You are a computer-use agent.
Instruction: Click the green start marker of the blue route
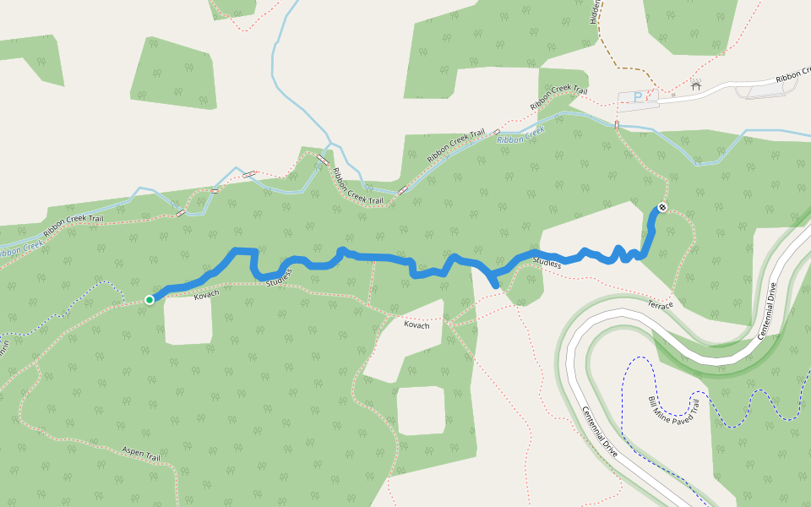(150, 299)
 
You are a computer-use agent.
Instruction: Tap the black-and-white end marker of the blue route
(662, 207)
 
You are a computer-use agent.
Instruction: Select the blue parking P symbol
(638, 98)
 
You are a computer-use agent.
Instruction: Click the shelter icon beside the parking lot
(695, 85)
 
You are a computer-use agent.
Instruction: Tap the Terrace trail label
(661, 303)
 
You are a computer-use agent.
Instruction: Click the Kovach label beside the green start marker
(206, 294)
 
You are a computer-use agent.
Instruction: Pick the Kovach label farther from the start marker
(416, 324)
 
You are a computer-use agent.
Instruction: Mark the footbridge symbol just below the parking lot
(618, 125)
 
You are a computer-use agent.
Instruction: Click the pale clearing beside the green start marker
(188, 321)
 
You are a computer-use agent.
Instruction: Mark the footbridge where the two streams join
(323, 159)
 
